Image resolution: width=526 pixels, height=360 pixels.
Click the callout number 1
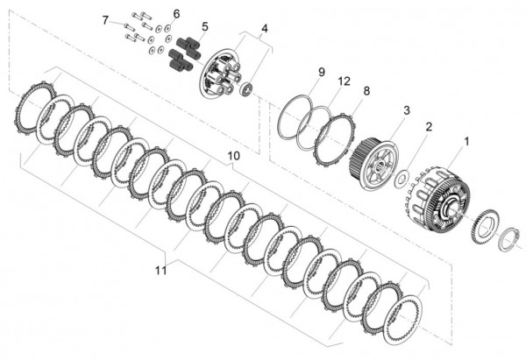pyautogui.click(x=466, y=140)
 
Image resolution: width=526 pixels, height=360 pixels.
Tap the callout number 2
pyautogui.click(x=429, y=127)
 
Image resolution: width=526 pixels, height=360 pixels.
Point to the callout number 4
pyautogui.click(x=265, y=28)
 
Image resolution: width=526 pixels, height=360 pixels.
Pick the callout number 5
pyautogui.click(x=204, y=26)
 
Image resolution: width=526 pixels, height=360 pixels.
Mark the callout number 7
pyautogui.click(x=105, y=19)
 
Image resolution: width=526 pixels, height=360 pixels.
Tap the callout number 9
pyautogui.click(x=322, y=71)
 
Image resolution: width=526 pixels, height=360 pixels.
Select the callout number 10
pyautogui.click(x=233, y=156)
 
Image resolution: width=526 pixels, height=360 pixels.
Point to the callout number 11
pyautogui.click(x=160, y=271)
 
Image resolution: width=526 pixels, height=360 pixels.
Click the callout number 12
pyautogui.click(x=345, y=81)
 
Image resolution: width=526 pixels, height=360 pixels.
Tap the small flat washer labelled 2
pyautogui.click(x=399, y=180)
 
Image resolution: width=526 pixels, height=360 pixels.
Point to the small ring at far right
pyautogui.click(x=508, y=240)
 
